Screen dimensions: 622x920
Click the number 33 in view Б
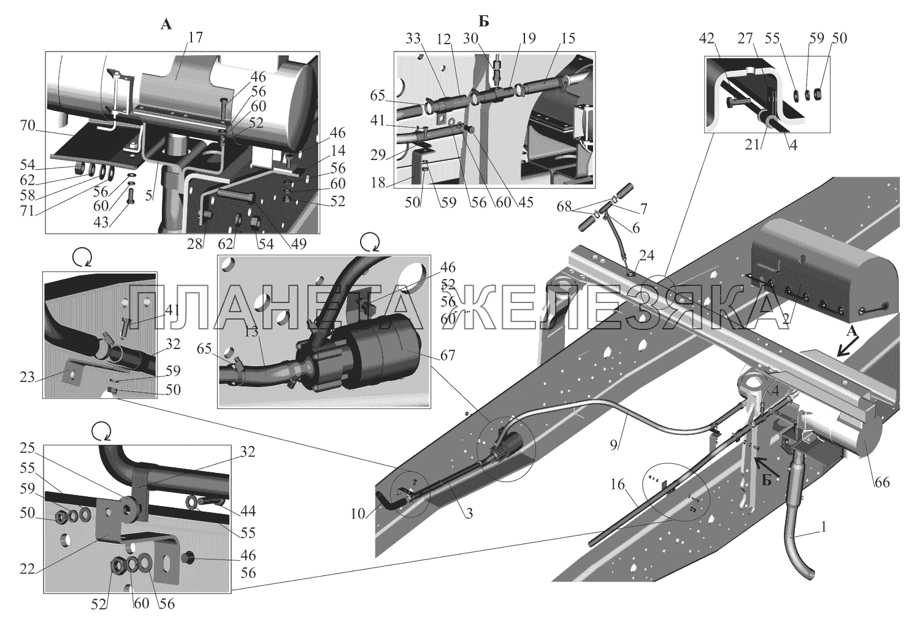[x=415, y=39]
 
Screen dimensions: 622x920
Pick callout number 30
[x=488, y=39]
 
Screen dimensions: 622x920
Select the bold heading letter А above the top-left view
[x=166, y=25]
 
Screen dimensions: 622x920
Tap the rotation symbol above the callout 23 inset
[x=81, y=258]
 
